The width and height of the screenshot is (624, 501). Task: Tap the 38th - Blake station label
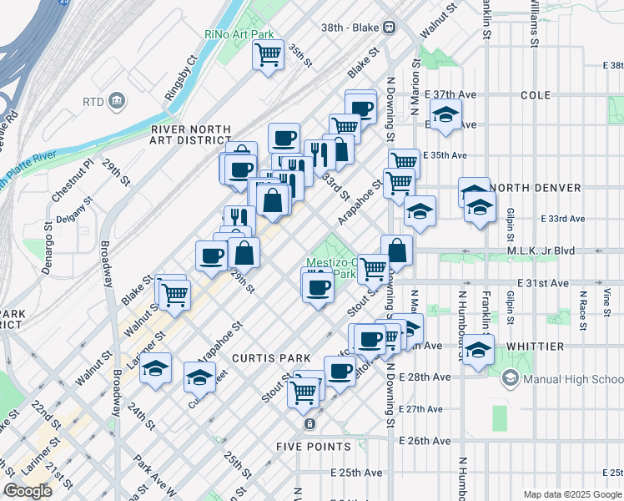point(353,26)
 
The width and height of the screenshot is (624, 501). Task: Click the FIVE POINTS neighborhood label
point(314,447)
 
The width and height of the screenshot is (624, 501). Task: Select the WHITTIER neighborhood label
point(526,346)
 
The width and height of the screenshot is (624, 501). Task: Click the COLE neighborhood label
point(536,96)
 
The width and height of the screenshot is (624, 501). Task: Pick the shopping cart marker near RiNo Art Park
point(268,56)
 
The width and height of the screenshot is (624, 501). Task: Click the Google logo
point(28,490)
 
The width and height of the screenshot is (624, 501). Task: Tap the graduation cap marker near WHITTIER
point(478,349)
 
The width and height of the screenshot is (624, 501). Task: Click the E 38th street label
point(611,65)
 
